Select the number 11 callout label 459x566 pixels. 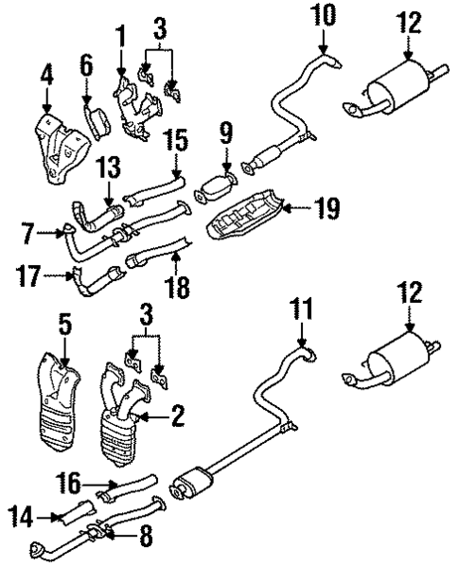tap(300, 308)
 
